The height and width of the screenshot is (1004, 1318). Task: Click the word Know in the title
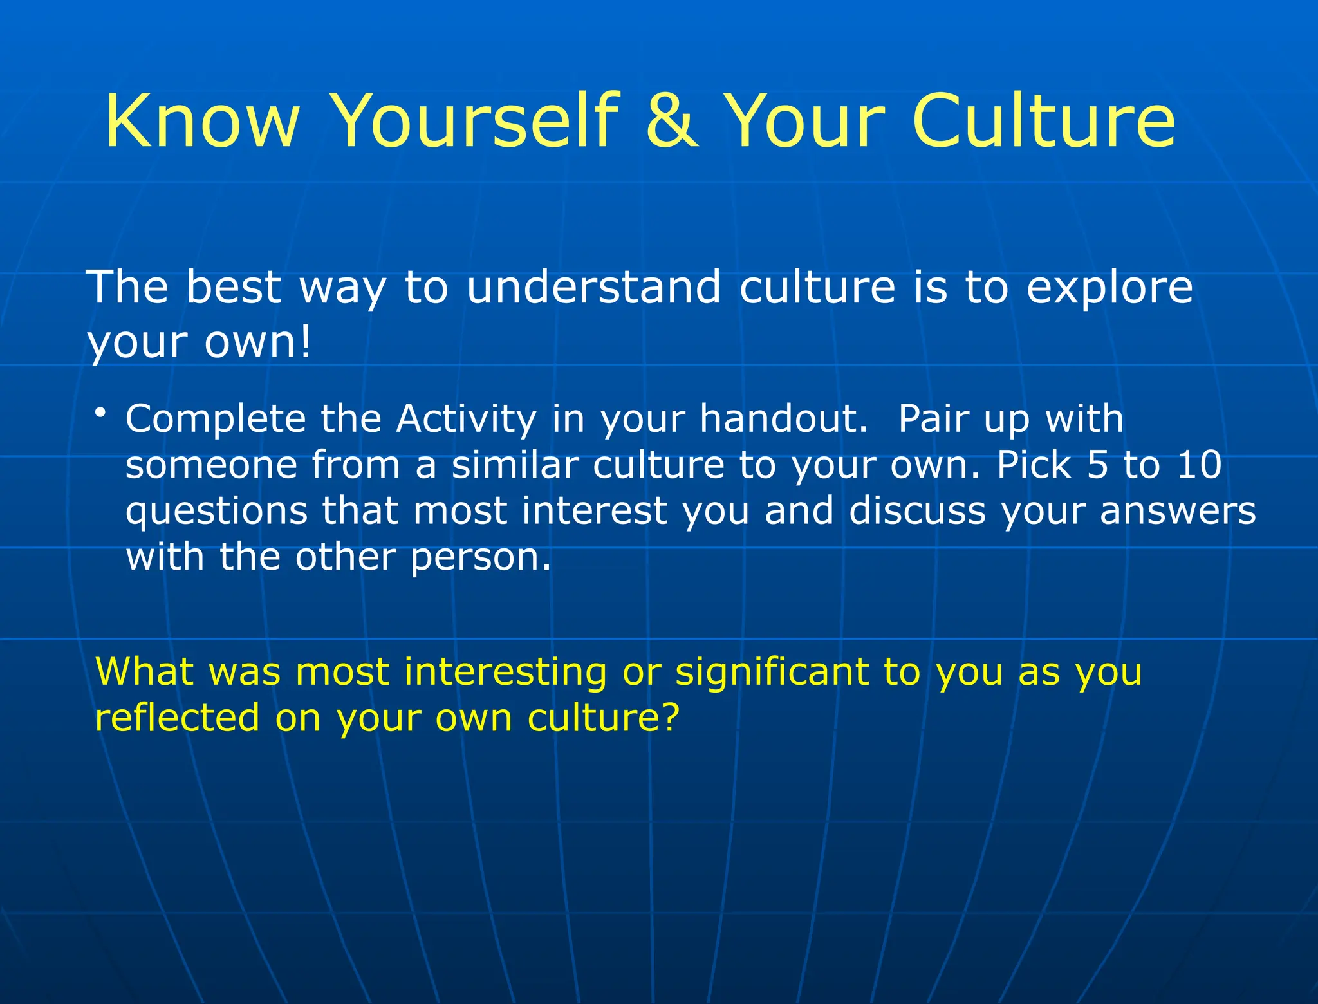(202, 121)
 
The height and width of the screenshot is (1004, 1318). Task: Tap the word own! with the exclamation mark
(257, 342)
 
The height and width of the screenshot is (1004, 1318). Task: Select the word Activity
(466, 420)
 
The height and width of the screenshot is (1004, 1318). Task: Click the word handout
(783, 419)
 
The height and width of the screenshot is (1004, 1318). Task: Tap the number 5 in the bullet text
(1097, 465)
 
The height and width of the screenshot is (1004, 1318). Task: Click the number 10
(1198, 465)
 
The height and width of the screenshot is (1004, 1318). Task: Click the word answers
(1177, 511)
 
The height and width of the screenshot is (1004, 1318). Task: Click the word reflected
(177, 718)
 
